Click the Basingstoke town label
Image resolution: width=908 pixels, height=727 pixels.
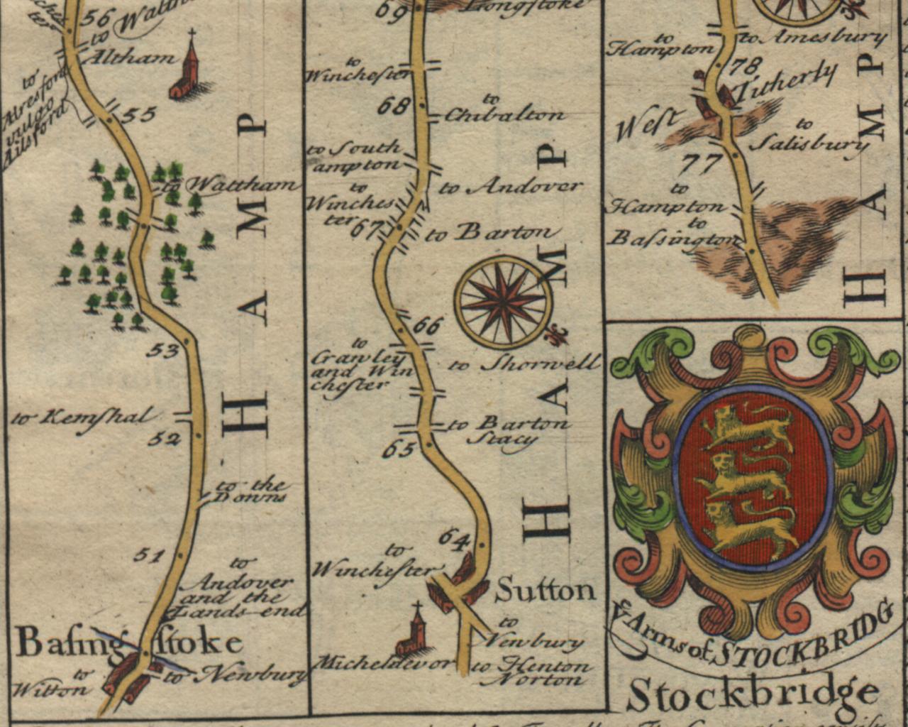click(x=128, y=643)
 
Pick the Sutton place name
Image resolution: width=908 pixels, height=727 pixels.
click(x=545, y=590)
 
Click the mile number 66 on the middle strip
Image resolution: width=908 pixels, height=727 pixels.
click(x=426, y=327)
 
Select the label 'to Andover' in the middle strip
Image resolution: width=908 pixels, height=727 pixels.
click(x=511, y=187)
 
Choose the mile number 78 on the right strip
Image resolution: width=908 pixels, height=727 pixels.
click(x=744, y=67)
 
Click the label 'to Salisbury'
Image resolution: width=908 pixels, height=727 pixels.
click(x=809, y=136)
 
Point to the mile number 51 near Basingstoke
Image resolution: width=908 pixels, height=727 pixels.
click(x=148, y=555)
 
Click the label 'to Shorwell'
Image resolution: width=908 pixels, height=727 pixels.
click(x=525, y=364)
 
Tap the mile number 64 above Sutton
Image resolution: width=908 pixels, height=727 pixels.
click(x=455, y=538)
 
